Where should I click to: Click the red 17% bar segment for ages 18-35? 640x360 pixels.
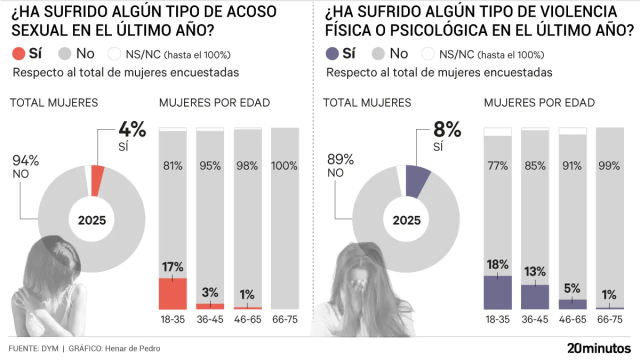pyautogui.click(x=172, y=293)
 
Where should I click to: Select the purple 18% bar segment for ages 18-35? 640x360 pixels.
pyautogui.click(x=497, y=292)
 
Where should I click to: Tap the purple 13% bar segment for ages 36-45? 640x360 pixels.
pyautogui.click(x=535, y=297)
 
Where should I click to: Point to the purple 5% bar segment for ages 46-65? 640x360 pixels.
pyautogui.click(x=572, y=304)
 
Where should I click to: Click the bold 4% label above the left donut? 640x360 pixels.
pyautogui.click(x=132, y=129)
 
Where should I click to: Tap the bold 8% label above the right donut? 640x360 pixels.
pyautogui.click(x=447, y=129)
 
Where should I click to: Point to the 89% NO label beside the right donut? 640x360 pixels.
pyautogui.click(x=340, y=165)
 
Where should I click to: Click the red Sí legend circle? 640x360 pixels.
pyautogui.click(x=18, y=53)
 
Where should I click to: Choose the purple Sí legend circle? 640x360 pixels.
pyautogui.click(x=332, y=53)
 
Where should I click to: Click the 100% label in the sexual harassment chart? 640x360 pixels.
pyautogui.click(x=284, y=166)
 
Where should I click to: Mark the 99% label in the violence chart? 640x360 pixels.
pyautogui.click(x=609, y=166)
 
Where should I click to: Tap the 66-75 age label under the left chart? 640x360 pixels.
pyautogui.click(x=284, y=319)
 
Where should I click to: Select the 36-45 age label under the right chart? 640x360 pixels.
pyautogui.click(x=535, y=319)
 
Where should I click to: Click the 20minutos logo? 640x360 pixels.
pyautogui.click(x=598, y=348)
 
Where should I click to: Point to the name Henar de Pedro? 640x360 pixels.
pyautogui.click(x=132, y=348)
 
